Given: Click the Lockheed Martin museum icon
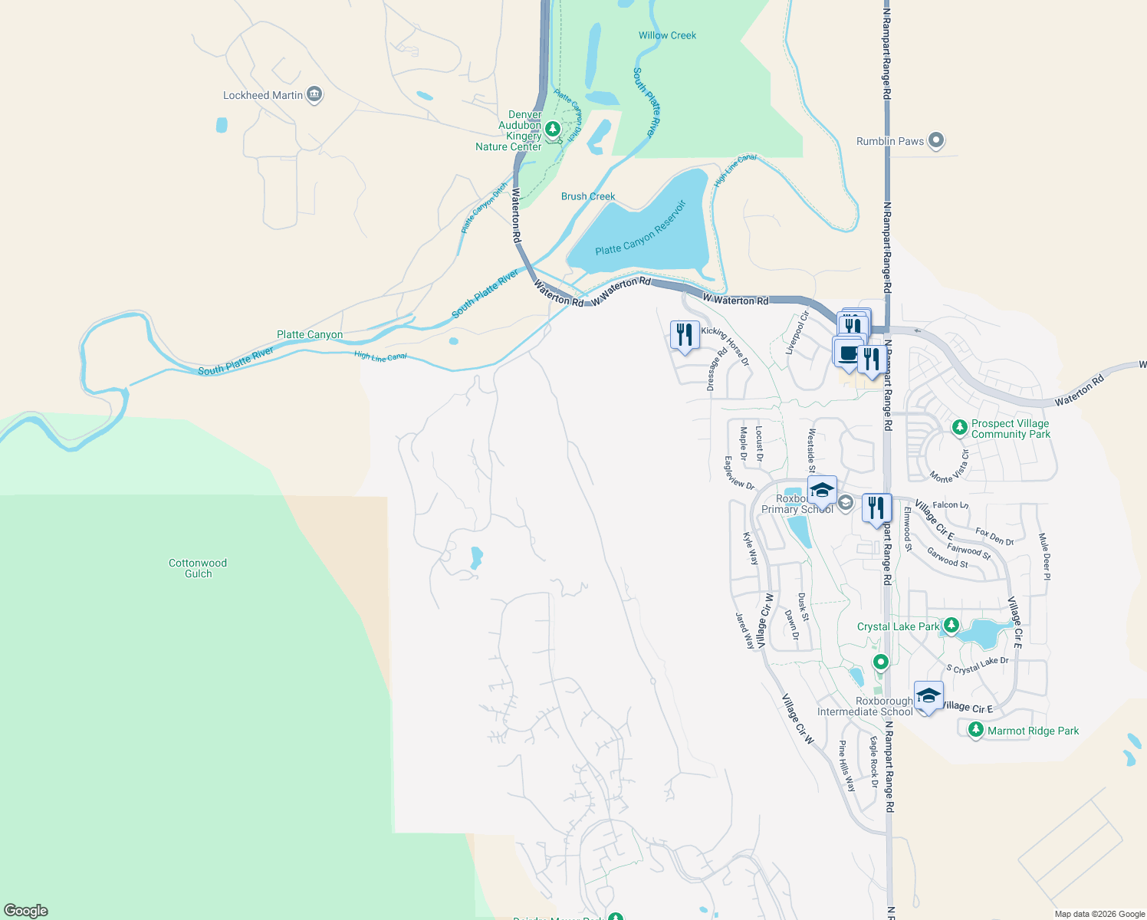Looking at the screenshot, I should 314,95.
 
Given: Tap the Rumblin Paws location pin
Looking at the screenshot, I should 935,141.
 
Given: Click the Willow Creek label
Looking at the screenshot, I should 667,35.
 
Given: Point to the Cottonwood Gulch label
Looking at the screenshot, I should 198,568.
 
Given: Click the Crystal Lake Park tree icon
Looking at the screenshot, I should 951,626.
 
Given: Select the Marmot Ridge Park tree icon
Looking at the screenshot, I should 975,730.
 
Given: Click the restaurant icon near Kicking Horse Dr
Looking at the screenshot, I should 684,335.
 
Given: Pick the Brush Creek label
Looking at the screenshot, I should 588,196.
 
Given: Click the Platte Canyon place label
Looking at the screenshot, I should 310,334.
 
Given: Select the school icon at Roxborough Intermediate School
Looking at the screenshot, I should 928,695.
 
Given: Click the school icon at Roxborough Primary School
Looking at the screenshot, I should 821,490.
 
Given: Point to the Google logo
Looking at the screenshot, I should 25,910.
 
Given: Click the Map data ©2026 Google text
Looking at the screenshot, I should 1099,914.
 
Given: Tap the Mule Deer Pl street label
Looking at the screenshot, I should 1043,557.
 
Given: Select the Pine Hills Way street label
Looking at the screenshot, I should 846,766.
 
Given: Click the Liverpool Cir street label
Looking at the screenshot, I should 797,332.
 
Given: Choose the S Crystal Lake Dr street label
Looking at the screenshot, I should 978,665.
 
